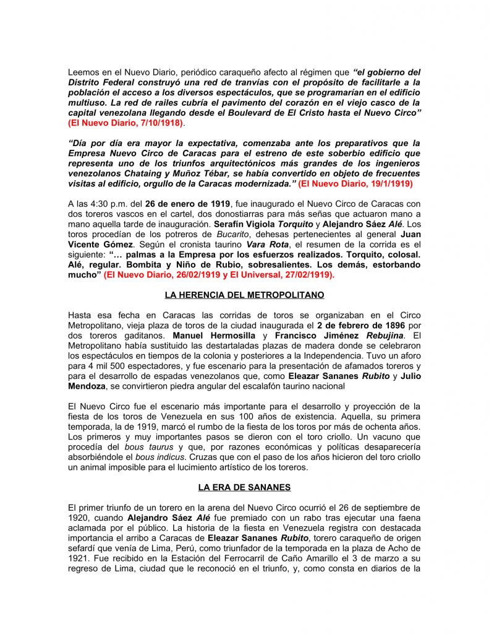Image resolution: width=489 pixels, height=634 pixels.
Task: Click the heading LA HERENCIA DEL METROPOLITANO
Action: (244, 295)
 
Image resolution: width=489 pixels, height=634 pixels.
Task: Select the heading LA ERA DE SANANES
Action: (244, 487)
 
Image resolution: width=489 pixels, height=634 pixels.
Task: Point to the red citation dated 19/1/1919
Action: (355, 185)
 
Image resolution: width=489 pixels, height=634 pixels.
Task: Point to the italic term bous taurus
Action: (143, 446)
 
